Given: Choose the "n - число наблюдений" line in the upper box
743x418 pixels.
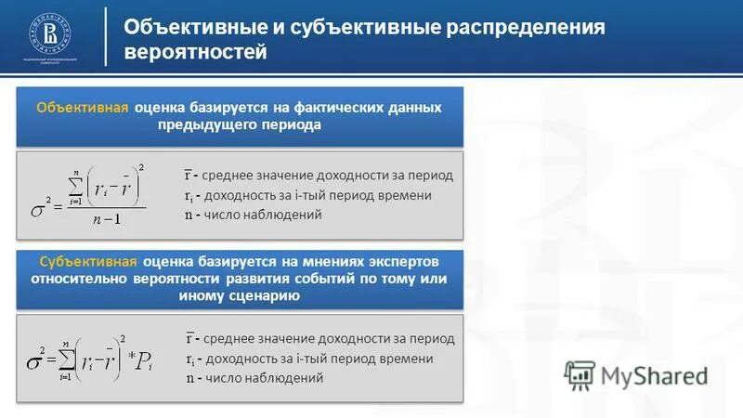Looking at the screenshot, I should click(x=253, y=215).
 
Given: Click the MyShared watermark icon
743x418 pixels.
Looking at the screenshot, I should click(x=580, y=374).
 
